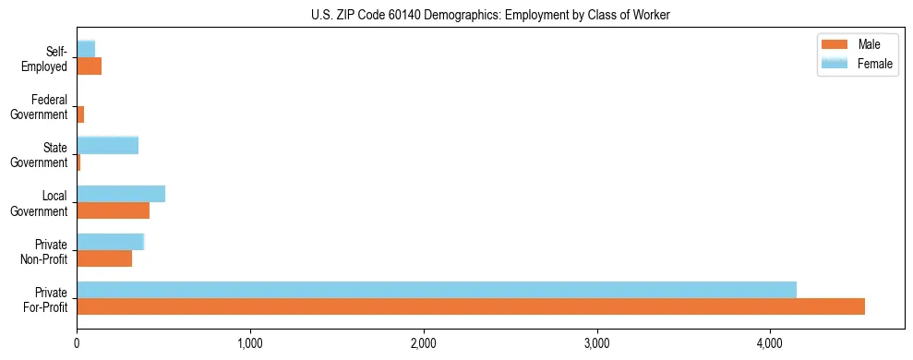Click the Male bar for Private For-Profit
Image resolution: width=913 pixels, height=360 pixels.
click(x=471, y=306)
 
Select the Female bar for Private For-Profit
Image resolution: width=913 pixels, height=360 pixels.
click(x=437, y=290)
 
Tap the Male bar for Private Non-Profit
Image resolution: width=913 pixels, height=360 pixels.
click(x=104, y=258)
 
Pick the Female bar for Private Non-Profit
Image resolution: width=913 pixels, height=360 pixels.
click(x=111, y=242)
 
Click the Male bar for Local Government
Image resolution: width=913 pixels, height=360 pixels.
click(x=113, y=210)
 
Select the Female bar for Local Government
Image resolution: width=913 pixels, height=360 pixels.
click(x=121, y=194)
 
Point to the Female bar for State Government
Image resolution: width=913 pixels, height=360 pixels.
click(x=107, y=145)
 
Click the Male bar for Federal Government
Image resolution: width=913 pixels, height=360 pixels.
click(x=80, y=114)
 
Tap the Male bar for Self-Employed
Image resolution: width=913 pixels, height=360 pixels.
click(x=89, y=66)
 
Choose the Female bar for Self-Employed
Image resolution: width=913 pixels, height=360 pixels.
click(x=86, y=49)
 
